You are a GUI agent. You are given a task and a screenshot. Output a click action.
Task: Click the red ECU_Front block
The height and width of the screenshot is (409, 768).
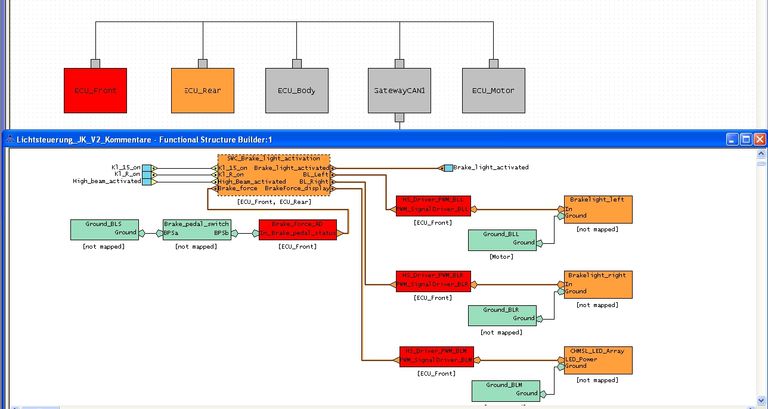(95, 91)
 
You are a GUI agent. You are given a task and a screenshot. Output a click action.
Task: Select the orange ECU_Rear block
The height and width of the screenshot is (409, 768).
(203, 91)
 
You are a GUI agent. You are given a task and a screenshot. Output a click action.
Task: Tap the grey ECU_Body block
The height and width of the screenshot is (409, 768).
(296, 91)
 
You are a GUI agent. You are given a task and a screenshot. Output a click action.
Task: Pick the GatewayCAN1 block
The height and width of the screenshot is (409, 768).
(399, 91)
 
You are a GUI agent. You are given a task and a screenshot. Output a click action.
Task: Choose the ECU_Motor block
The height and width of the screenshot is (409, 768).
(493, 91)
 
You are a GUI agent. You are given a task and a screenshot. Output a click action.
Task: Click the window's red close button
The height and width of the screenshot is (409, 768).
(760, 140)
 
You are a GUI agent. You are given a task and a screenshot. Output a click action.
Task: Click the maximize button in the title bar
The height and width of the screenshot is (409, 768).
(746, 140)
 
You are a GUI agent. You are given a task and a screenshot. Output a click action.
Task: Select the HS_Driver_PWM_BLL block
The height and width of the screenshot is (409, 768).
(433, 205)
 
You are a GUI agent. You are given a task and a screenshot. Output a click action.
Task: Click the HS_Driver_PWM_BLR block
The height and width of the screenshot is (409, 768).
(433, 281)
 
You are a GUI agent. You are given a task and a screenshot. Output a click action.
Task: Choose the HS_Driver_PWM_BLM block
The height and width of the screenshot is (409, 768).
(436, 356)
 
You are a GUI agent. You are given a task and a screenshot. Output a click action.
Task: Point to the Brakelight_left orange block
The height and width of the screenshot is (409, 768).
(598, 209)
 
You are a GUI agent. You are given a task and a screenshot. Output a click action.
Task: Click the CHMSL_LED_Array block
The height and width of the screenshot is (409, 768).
(598, 360)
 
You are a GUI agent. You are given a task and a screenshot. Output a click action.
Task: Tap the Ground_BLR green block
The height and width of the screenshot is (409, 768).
(501, 315)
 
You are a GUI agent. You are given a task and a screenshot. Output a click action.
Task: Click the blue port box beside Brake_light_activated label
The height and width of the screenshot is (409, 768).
(448, 168)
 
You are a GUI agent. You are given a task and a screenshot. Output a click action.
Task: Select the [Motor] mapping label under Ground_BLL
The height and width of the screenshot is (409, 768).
(501, 257)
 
